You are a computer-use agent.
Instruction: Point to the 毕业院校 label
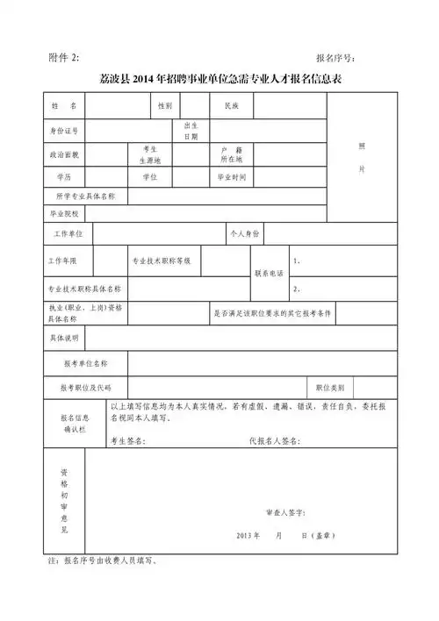[x=64, y=213]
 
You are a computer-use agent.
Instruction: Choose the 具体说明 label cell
[x=64, y=338]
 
